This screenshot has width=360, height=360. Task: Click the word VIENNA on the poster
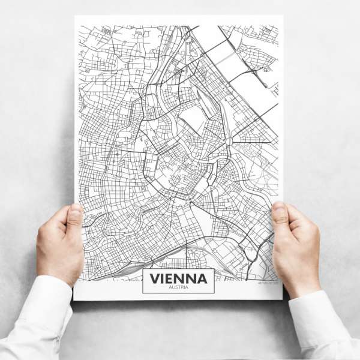tap(178, 278)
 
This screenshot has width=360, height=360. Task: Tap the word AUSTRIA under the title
tap(178, 288)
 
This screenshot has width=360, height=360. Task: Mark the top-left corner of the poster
tap(75, 16)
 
